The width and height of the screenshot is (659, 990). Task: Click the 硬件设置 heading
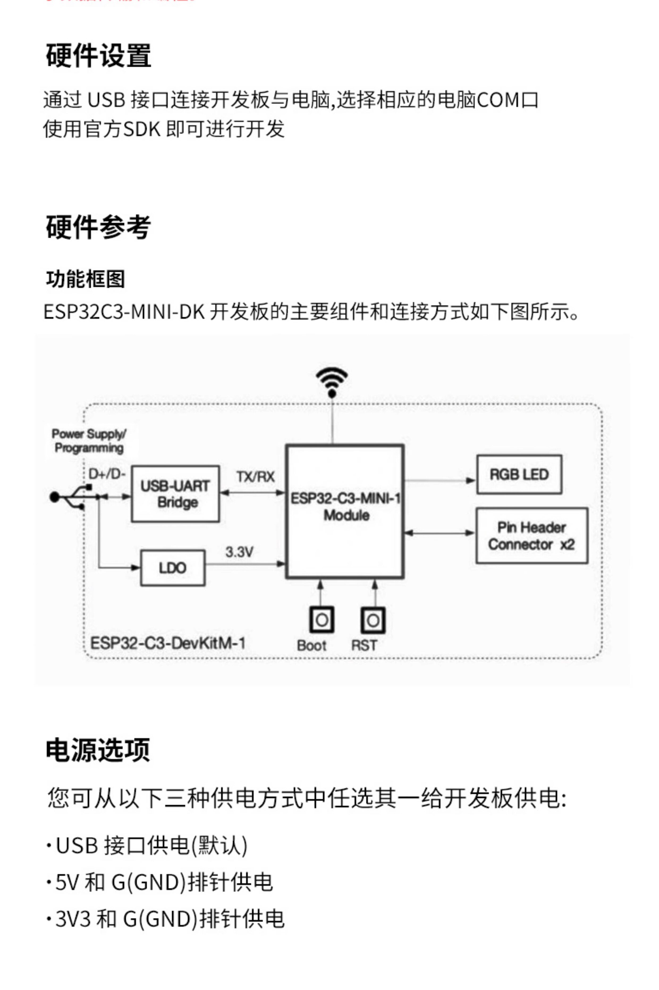pos(98,56)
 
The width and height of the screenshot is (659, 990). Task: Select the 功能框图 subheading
pos(85,279)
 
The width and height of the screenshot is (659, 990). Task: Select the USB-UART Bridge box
pos(175,494)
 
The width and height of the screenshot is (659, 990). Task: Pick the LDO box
pos(173,568)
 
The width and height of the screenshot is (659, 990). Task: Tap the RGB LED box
pos(519,475)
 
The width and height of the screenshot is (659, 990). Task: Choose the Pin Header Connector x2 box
pos(532,536)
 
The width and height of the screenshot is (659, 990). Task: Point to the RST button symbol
pos(373,620)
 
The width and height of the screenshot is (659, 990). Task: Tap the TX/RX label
pos(255,477)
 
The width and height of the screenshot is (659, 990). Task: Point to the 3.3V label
pos(239,552)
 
